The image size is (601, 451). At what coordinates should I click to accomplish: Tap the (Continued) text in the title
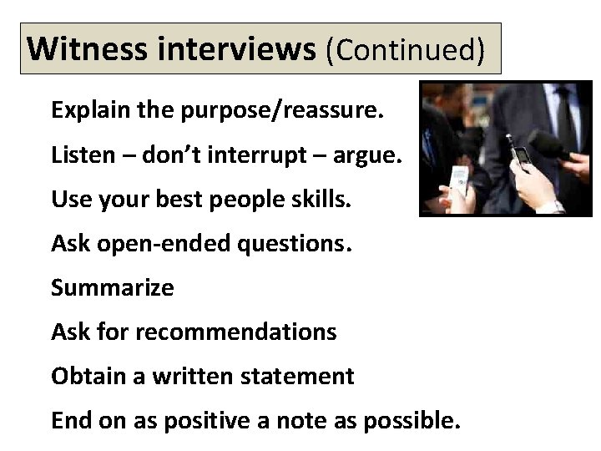406,49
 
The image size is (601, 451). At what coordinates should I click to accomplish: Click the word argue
367,155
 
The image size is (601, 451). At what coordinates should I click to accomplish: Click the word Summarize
113,288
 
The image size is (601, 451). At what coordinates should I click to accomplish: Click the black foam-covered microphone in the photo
553,147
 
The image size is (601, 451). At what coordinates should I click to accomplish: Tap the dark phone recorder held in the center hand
521,155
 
